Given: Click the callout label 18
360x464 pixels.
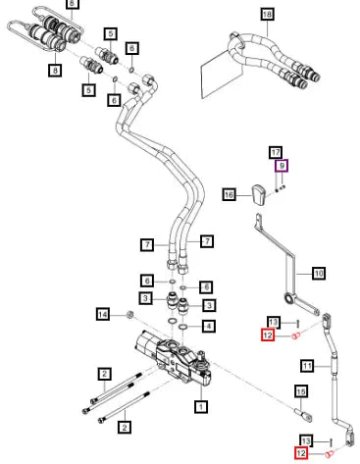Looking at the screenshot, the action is click(267, 15).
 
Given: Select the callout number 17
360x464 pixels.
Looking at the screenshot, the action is click(276, 152).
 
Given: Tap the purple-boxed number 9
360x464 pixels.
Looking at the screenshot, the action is click(282, 166).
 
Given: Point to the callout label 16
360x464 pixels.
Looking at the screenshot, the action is click(229, 195).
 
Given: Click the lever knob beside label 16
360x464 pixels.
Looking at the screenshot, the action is click(259, 195).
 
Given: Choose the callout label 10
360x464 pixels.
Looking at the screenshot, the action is click(319, 273).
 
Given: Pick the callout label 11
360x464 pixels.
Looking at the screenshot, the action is click(307, 365).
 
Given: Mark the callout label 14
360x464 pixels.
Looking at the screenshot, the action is click(103, 315).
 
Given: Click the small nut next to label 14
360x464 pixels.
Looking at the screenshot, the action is click(130, 315).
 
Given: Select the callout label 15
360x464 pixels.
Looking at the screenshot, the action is click(301, 391).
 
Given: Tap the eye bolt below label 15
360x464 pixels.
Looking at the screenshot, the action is click(304, 415).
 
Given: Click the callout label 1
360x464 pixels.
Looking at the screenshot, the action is click(201, 407).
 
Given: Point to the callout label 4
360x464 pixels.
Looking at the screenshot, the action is click(208, 326).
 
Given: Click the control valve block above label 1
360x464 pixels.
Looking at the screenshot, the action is click(175, 359).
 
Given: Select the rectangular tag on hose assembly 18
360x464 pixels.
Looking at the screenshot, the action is click(221, 76).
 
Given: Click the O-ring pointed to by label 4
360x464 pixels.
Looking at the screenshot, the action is click(182, 326).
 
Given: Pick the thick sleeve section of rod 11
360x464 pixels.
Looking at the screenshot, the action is click(333, 364).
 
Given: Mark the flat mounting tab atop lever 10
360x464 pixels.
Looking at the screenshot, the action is click(259, 220).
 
